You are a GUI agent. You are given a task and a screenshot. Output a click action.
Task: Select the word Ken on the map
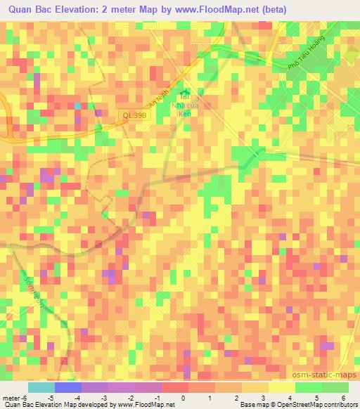click(x=186, y=113)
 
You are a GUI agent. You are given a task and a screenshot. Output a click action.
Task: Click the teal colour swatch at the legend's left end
click(x=41, y=387)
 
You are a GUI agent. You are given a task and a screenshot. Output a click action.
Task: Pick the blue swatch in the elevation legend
click(x=67, y=387)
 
